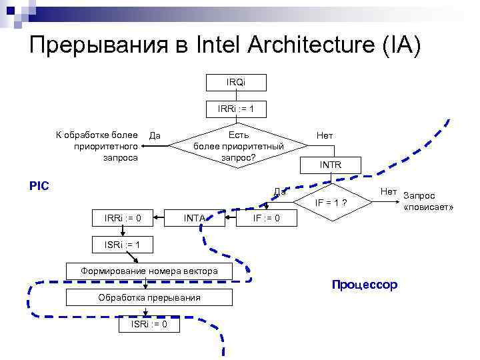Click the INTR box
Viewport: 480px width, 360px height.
pyautogui.click(x=331, y=164)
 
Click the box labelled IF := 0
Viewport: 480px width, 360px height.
pyautogui.click(x=265, y=218)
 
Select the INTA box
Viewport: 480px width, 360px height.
pyautogui.click(x=194, y=218)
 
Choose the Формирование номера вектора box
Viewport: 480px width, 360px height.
pyautogui.click(x=149, y=271)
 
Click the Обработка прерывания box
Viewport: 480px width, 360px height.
pyautogui.click(x=149, y=297)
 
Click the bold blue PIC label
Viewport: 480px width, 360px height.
pyautogui.click(x=40, y=185)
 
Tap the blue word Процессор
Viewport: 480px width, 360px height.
pyautogui.click(x=364, y=285)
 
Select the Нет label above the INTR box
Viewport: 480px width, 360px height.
pyautogui.click(x=325, y=135)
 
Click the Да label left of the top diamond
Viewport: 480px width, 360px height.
pyautogui.click(x=155, y=136)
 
